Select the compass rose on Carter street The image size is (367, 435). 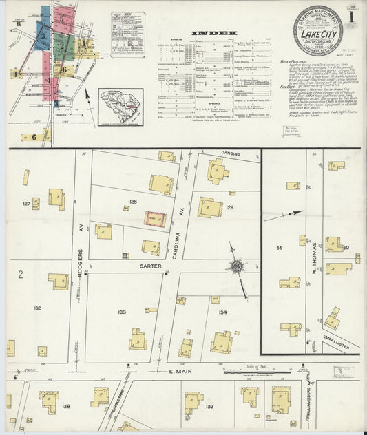coord(236,266)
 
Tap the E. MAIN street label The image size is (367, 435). coord(178,372)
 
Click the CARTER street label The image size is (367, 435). coord(151,266)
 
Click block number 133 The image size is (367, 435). coord(122,312)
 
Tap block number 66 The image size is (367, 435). coord(280,247)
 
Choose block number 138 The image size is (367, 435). coord(66,406)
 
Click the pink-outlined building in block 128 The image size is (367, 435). coord(155,220)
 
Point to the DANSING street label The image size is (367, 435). coord(231,154)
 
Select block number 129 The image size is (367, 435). coord(230,207)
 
